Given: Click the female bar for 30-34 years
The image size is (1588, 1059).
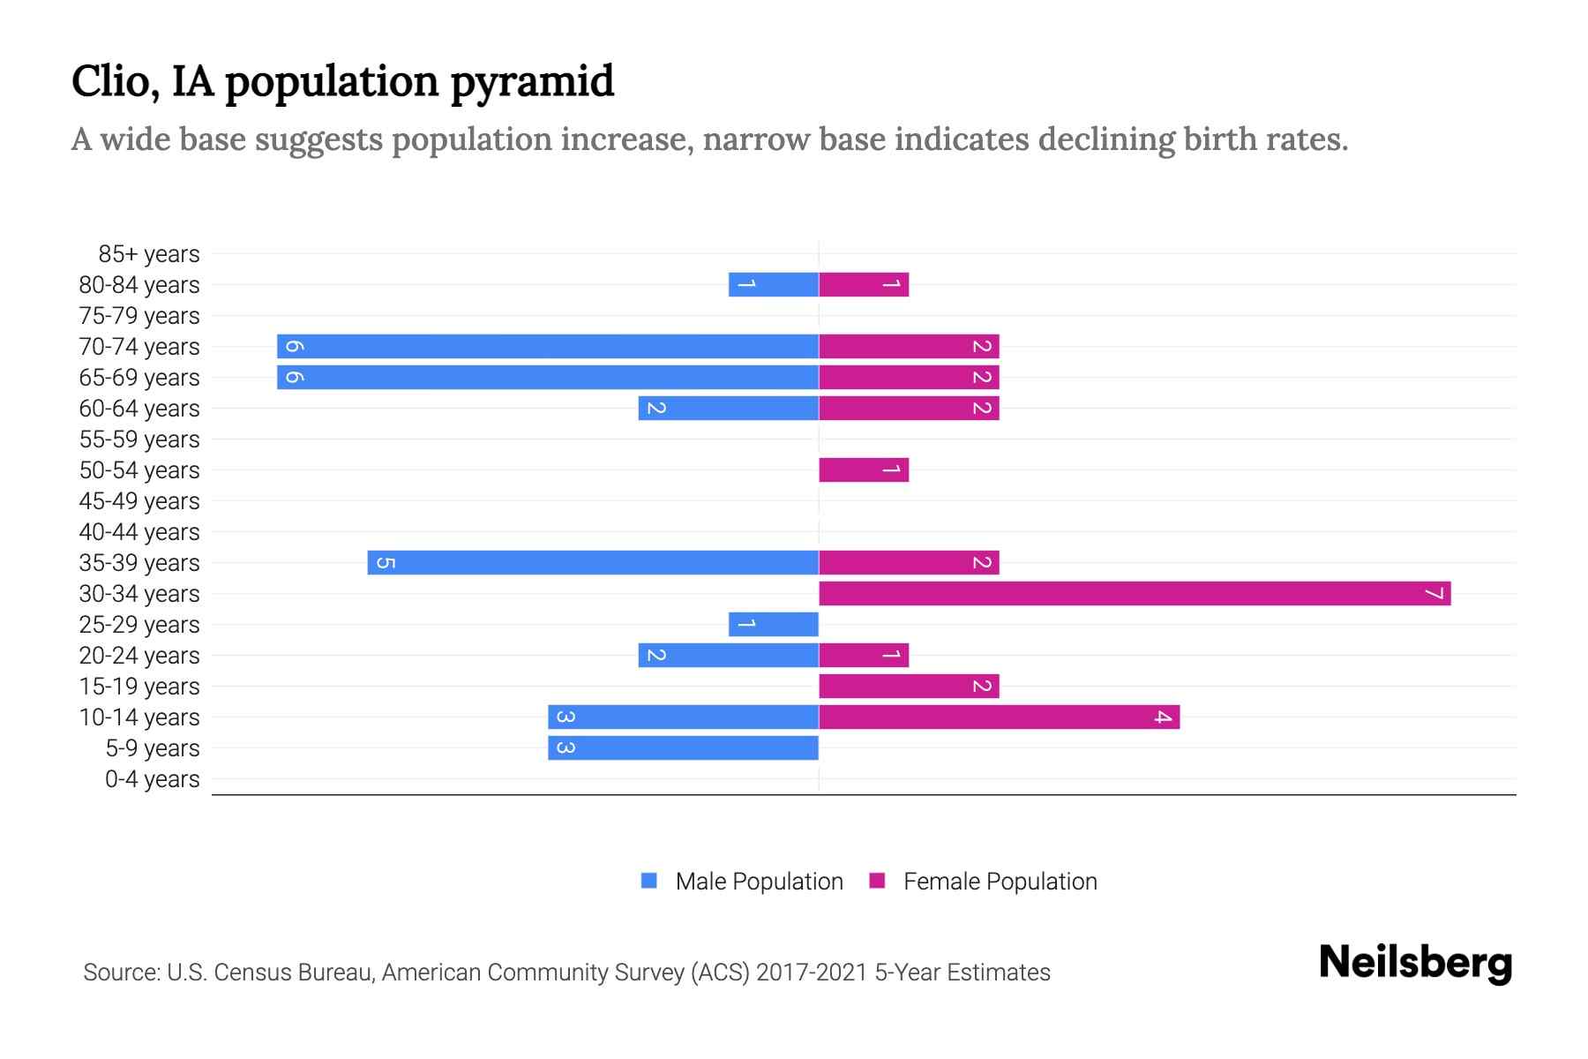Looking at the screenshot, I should pyautogui.click(x=1135, y=594).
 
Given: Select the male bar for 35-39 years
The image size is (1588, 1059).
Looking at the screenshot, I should pyautogui.click(x=593, y=563).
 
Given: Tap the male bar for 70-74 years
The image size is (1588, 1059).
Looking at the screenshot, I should pyautogui.click(x=548, y=347).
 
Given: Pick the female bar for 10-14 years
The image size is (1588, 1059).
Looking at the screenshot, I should pyautogui.click(x=999, y=717).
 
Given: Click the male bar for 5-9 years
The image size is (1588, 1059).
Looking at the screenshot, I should pyautogui.click(x=683, y=748).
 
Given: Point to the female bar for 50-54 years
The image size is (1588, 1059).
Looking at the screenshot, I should pyautogui.click(x=864, y=470).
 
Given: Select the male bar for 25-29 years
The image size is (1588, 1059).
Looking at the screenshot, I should pyautogui.click(x=774, y=625).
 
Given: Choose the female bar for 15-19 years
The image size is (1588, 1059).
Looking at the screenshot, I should pyautogui.click(x=909, y=687).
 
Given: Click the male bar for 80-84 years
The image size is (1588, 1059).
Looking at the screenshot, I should pyautogui.click(x=774, y=285).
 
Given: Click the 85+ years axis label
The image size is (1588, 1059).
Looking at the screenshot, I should pyautogui.click(x=149, y=254).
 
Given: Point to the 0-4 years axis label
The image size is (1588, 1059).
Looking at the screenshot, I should pyautogui.click(x=152, y=779).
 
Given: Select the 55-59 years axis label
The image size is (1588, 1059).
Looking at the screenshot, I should pyautogui.click(x=139, y=439).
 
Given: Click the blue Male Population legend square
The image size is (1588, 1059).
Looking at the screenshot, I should pyautogui.click(x=649, y=881).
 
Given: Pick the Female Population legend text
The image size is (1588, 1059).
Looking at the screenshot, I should pyautogui.click(x=1000, y=882).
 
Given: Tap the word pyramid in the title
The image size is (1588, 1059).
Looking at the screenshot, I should pyautogui.click(x=532, y=81).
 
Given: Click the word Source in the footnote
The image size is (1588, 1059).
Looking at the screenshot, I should pyautogui.click(x=120, y=973).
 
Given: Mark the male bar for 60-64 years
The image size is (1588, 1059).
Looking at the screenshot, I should pyautogui.click(x=729, y=409).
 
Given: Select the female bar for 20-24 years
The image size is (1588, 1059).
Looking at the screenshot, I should pyautogui.click(x=864, y=656).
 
